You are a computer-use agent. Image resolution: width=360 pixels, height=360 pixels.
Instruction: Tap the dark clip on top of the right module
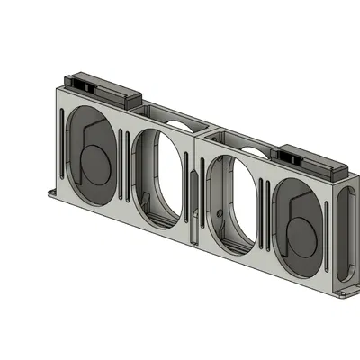click(x=310, y=161)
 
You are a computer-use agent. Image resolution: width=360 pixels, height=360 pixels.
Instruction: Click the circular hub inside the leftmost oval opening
click(x=90, y=162)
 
